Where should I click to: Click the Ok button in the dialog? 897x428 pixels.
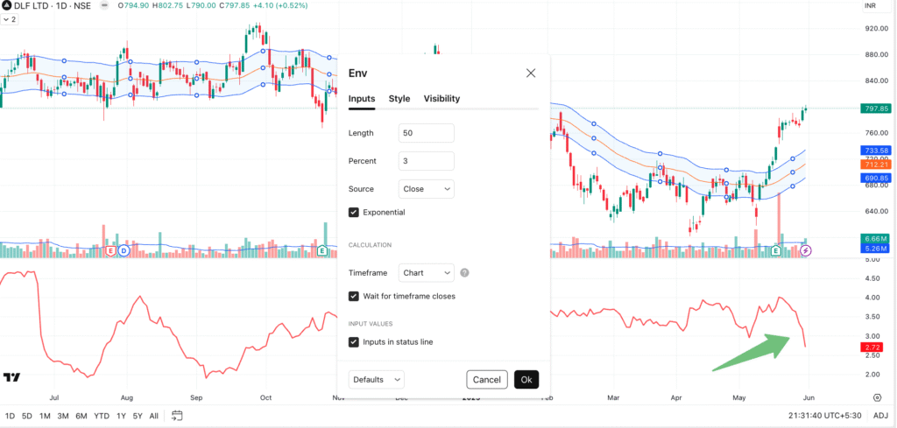[x=526, y=379]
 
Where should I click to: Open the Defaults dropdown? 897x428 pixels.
[x=377, y=379]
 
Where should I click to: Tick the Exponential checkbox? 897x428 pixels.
[x=354, y=212]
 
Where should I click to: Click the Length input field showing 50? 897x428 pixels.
[x=426, y=133]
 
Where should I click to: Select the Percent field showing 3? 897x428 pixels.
[x=426, y=161]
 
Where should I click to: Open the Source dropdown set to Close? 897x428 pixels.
[x=426, y=189]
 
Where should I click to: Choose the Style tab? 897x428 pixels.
[x=399, y=99]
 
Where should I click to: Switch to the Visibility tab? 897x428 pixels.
[x=441, y=99]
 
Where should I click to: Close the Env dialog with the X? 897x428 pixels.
[x=531, y=74]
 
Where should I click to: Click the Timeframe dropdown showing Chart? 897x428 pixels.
[x=426, y=273]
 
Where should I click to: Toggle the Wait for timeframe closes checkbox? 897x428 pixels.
[x=354, y=296]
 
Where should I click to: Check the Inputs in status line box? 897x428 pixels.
[x=354, y=341]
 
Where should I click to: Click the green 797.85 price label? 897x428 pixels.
[x=875, y=109]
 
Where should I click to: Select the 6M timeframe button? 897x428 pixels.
[x=81, y=415]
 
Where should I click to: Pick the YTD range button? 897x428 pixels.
[x=102, y=415]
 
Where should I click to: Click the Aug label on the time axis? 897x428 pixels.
[x=127, y=396]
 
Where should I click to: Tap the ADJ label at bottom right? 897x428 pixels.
[x=880, y=415]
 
